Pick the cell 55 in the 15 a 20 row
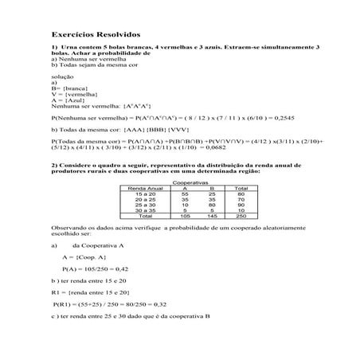coord(184,194)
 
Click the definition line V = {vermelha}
coord(72,93)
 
